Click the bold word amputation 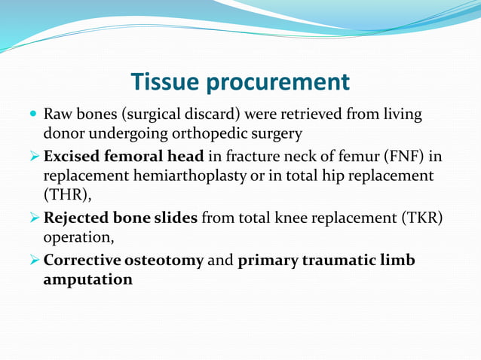[88, 279]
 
